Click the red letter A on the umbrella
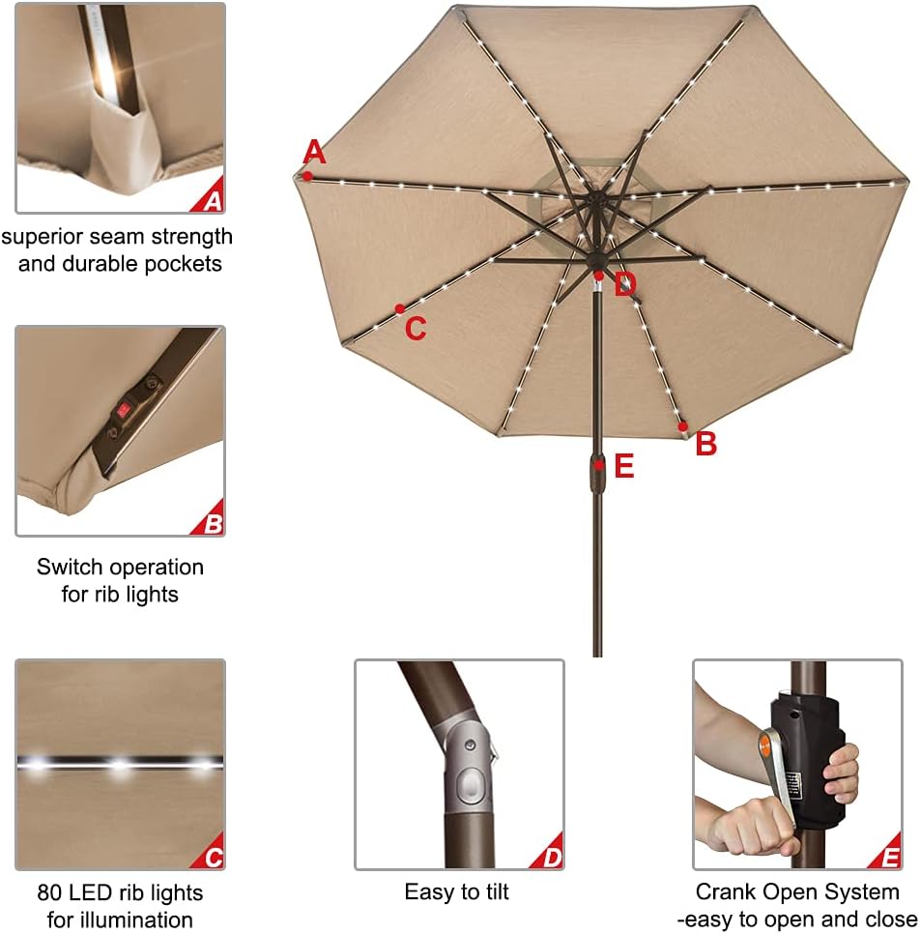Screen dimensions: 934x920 (x=314, y=153)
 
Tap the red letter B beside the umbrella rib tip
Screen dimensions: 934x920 (x=706, y=445)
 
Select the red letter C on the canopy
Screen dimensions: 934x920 (x=416, y=329)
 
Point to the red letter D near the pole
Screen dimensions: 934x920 (x=625, y=284)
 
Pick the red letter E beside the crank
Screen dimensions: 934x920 (x=624, y=467)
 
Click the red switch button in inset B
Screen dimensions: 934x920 (x=124, y=410)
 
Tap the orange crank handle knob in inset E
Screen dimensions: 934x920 (x=764, y=745)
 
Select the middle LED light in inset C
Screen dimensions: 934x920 (x=120, y=766)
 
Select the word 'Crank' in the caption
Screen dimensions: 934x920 (x=725, y=892)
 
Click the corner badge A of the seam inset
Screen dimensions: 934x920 (x=212, y=200)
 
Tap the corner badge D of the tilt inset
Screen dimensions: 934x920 (x=551, y=857)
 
